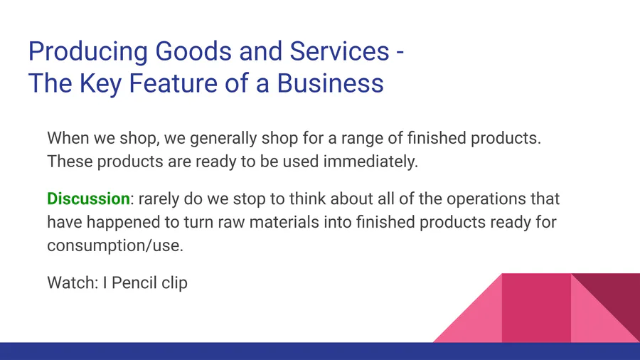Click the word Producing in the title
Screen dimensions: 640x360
click(87, 52)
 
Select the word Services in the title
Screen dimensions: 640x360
click(339, 51)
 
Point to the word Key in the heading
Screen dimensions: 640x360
click(100, 84)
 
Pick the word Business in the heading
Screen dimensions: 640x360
click(330, 83)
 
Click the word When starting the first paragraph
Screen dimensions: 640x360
click(68, 138)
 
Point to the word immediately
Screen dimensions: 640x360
click(370, 162)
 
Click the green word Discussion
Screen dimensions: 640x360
click(89, 198)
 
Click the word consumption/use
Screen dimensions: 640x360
click(115, 246)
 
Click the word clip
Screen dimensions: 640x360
click(174, 283)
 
